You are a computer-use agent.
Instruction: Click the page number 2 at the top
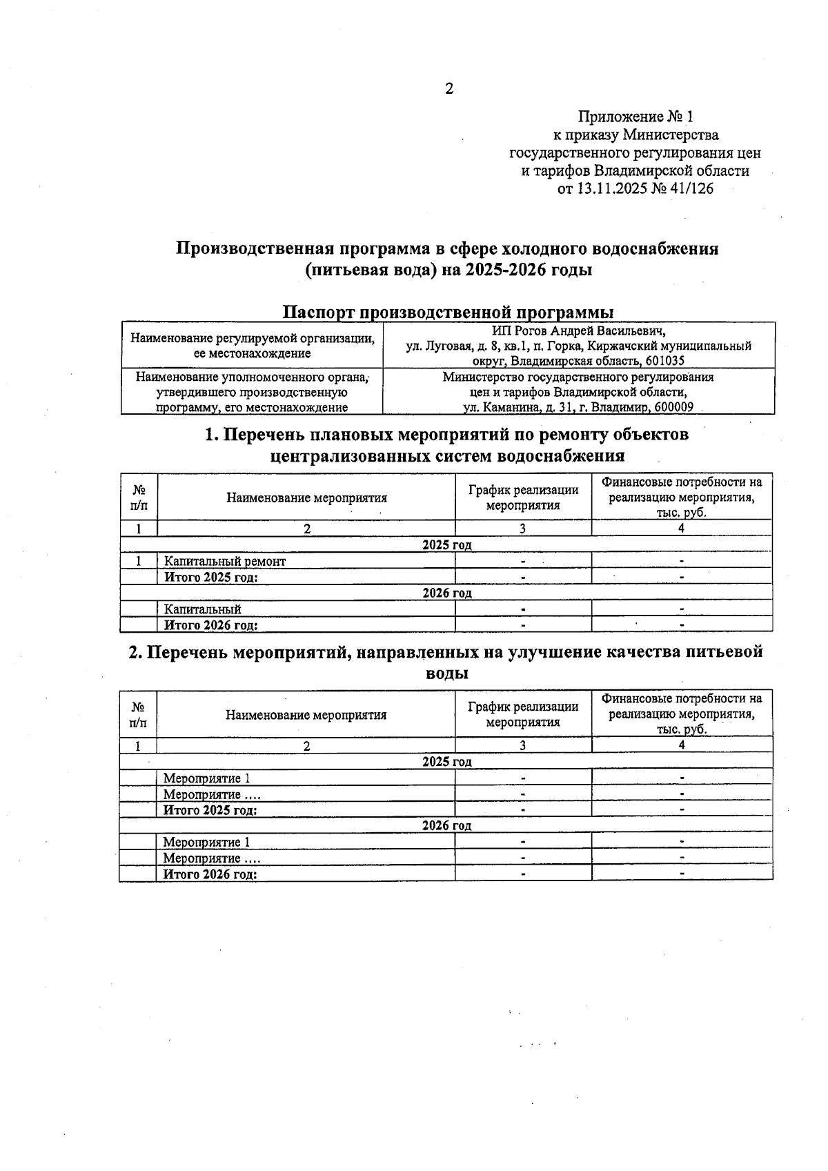coord(449,88)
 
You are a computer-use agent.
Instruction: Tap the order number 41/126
coord(688,188)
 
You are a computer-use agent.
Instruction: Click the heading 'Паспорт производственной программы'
coord(448,312)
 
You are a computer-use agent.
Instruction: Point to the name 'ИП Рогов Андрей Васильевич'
coord(578,331)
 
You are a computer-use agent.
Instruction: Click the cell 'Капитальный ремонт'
coord(225,561)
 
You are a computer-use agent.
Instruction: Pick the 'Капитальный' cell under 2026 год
coord(203,609)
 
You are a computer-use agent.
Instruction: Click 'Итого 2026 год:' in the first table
coord(211,625)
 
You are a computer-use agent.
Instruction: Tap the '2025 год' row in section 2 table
coord(446,762)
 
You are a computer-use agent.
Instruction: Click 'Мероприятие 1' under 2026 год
coord(206,842)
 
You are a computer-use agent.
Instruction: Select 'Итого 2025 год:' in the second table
coord(210,810)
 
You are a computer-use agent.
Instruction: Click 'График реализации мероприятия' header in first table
coord(523,498)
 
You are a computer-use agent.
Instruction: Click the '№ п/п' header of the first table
coord(139,498)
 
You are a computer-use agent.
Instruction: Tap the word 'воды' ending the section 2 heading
coord(446,673)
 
